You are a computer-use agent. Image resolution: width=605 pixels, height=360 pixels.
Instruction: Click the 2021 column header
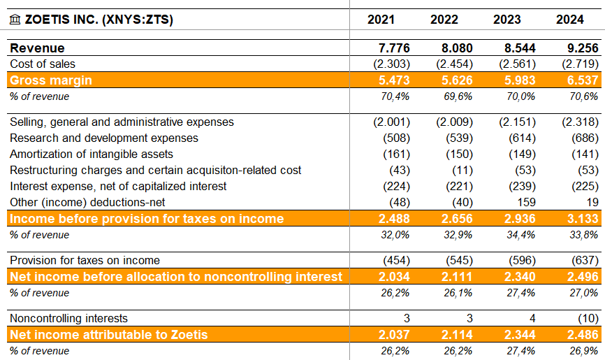pyautogui.click(x=381, y=20)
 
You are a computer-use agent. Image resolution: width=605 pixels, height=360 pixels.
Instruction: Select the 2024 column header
pyautogui.click(x=570, y=20)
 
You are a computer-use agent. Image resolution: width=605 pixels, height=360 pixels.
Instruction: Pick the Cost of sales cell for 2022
pyautogui.click(x=454, y=64)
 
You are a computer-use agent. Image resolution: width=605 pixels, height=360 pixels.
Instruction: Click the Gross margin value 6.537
pyautogui.click(x=580, y=80)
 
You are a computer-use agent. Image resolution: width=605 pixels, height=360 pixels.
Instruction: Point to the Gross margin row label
pyautogui.click(x=51, y=80)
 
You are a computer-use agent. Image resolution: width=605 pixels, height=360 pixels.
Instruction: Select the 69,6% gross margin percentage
pyautogui.click(x=458, y=96)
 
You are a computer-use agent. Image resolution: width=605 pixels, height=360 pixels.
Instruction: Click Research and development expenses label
pyautogui.click(x=104, y=138)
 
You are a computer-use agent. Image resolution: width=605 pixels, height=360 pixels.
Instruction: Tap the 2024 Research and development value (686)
pyautogui.click(x=584, y=138)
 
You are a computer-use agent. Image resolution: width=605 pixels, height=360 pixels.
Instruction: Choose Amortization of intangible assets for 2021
pyautogui.click(x=395, y=154)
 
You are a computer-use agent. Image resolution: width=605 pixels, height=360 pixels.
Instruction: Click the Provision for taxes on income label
pyautogui.click(x=85, y=261)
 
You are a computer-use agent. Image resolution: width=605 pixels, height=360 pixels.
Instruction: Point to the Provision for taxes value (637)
pyautogui.click(x=584, y=261)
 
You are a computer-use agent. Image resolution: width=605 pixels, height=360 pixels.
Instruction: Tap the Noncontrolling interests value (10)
pyautogui.click(x=587, y=319)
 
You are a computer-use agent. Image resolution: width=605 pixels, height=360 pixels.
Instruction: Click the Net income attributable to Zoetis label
pyautogui.click(x=109, y=335)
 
